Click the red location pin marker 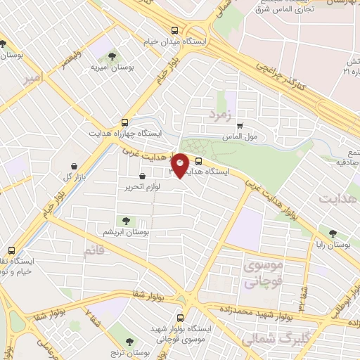coord(180,165)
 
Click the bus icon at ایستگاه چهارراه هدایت coord(125,121)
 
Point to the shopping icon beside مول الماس coord(240,126)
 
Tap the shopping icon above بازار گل coord(73,165)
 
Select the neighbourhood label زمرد coord(220,112)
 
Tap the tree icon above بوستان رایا coord(333,233)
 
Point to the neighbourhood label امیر coord(32,77)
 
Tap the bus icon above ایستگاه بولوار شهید coord(181,318)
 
